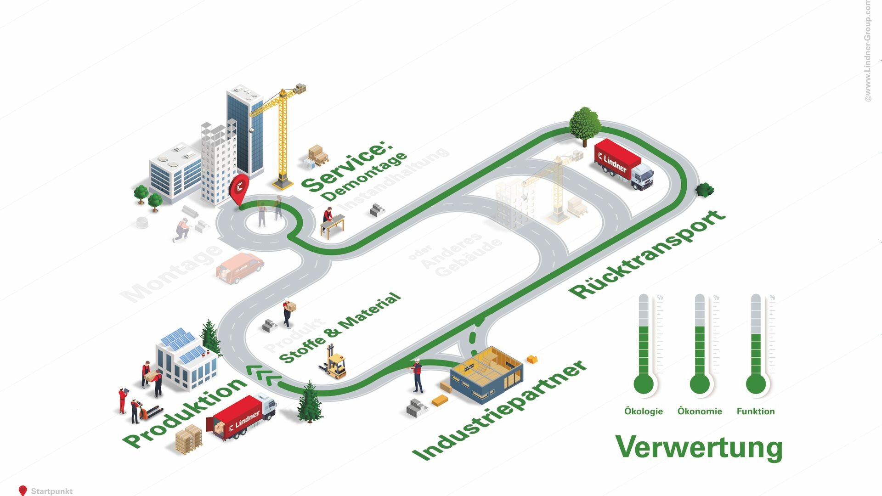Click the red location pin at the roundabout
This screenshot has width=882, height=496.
(239, 188)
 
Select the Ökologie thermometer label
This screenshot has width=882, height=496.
(643, 411)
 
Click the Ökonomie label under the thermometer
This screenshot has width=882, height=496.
(700, 411)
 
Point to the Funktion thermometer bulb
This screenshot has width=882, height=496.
(756, 384)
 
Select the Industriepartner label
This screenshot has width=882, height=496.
(500, 410)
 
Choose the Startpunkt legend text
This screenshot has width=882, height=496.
(51, 491)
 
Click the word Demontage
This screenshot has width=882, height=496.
(364, 177)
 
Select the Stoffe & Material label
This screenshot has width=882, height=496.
(340, 328)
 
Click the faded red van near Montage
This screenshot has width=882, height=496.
(240, 267)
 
